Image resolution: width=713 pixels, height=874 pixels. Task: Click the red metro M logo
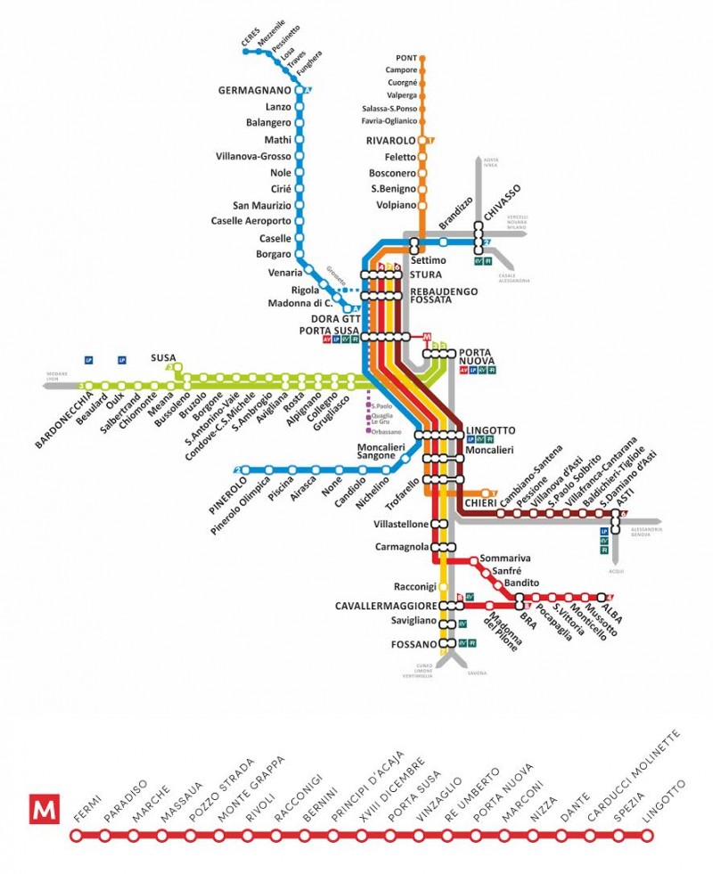point(43,809)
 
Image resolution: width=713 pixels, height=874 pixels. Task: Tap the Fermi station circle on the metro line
point(77,836)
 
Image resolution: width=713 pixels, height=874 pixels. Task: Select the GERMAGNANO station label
point(255,91)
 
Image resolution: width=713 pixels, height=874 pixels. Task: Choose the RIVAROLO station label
point(390,141)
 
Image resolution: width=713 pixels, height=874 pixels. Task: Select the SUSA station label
point(163,355)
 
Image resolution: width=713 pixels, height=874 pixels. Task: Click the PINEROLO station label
point(225,493)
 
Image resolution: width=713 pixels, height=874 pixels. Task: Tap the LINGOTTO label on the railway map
point(490,431)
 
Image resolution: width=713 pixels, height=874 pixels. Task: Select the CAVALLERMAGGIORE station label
point(386,606)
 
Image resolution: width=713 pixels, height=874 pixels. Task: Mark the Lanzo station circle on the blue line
point(299,108)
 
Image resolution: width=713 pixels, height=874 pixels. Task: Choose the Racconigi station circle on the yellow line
point(443,587)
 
